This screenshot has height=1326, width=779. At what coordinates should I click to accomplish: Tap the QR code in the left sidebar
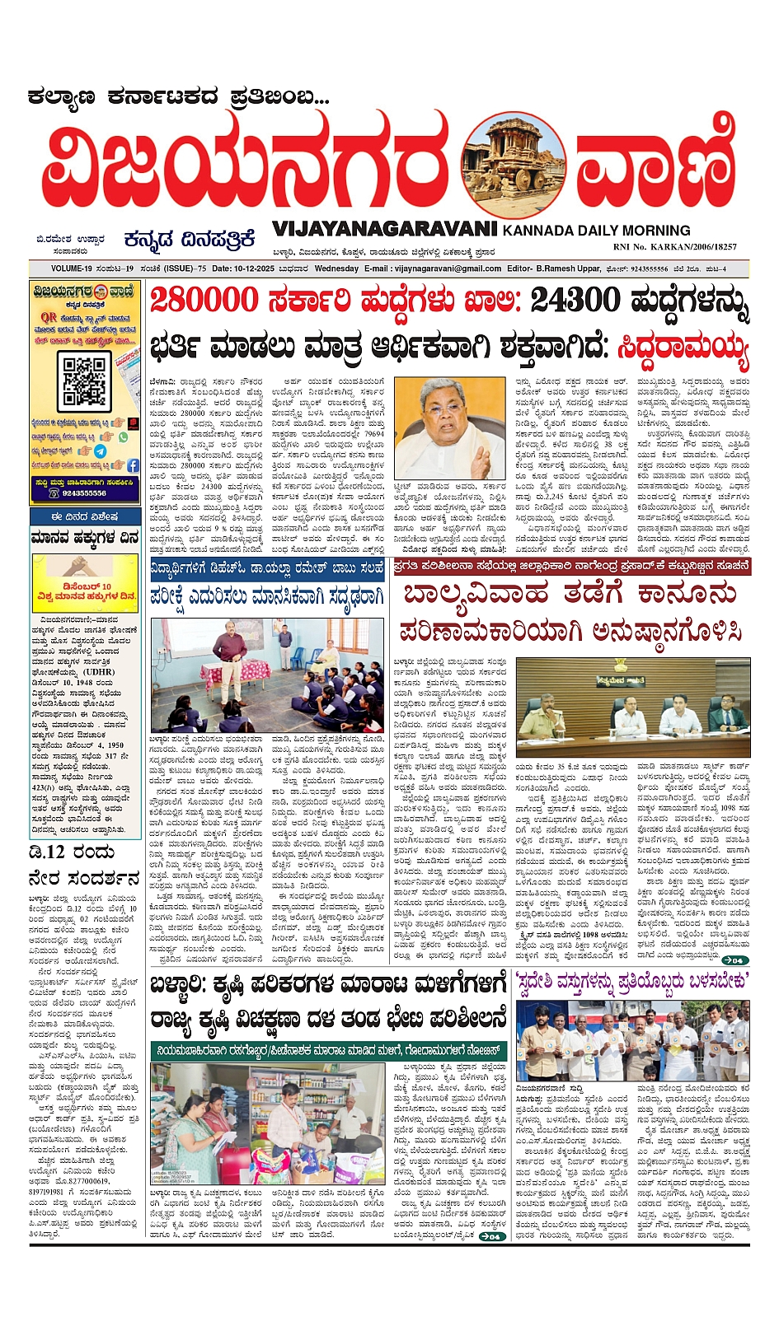point(86,380)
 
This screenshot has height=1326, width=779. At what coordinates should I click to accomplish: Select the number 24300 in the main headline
point(574,300)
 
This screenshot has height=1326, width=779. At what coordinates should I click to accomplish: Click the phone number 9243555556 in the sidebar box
point(84,493)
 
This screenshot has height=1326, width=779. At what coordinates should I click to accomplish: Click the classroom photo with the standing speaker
point(266,675)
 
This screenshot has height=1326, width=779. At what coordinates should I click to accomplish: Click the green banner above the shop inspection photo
point(326,1051)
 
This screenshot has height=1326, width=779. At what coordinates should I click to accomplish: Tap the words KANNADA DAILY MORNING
point(596,231)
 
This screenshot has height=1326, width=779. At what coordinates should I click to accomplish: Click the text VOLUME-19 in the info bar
point(72,268)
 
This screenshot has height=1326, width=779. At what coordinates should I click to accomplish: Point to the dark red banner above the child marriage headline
point(573,566)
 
